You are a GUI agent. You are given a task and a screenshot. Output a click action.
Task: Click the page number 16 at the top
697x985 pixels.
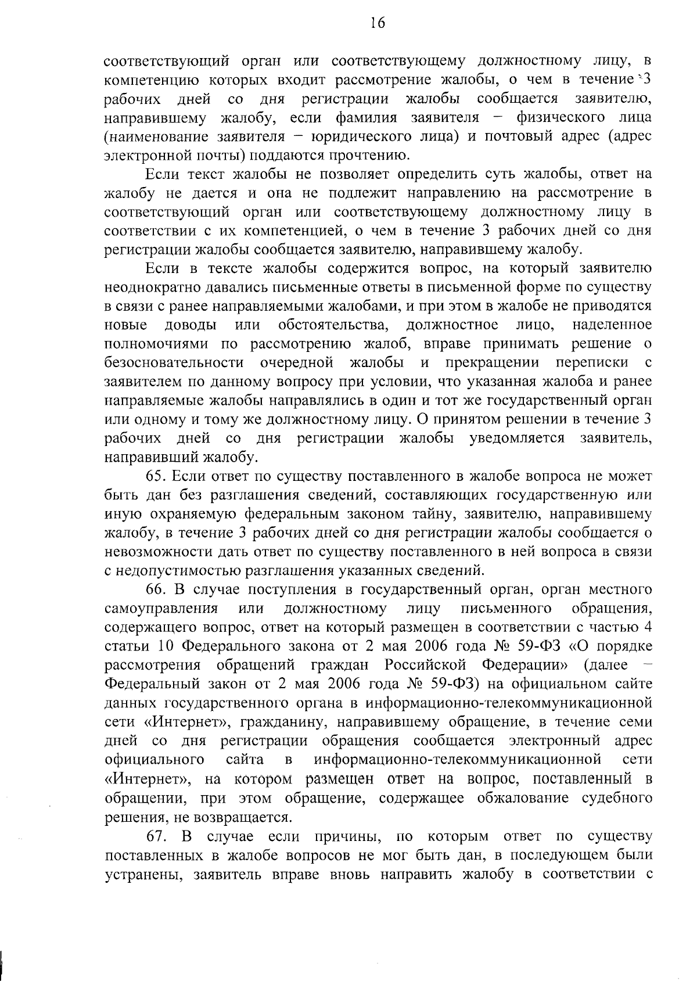pos(377,23)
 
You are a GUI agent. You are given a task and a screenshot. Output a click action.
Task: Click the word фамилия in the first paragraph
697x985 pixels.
pos(367,118)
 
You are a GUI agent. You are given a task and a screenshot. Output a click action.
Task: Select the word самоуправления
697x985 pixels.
pos(161,609)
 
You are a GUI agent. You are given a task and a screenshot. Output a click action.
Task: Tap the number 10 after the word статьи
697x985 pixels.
pos(167,646)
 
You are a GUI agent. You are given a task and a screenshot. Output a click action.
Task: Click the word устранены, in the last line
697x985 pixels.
pos(140,875)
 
